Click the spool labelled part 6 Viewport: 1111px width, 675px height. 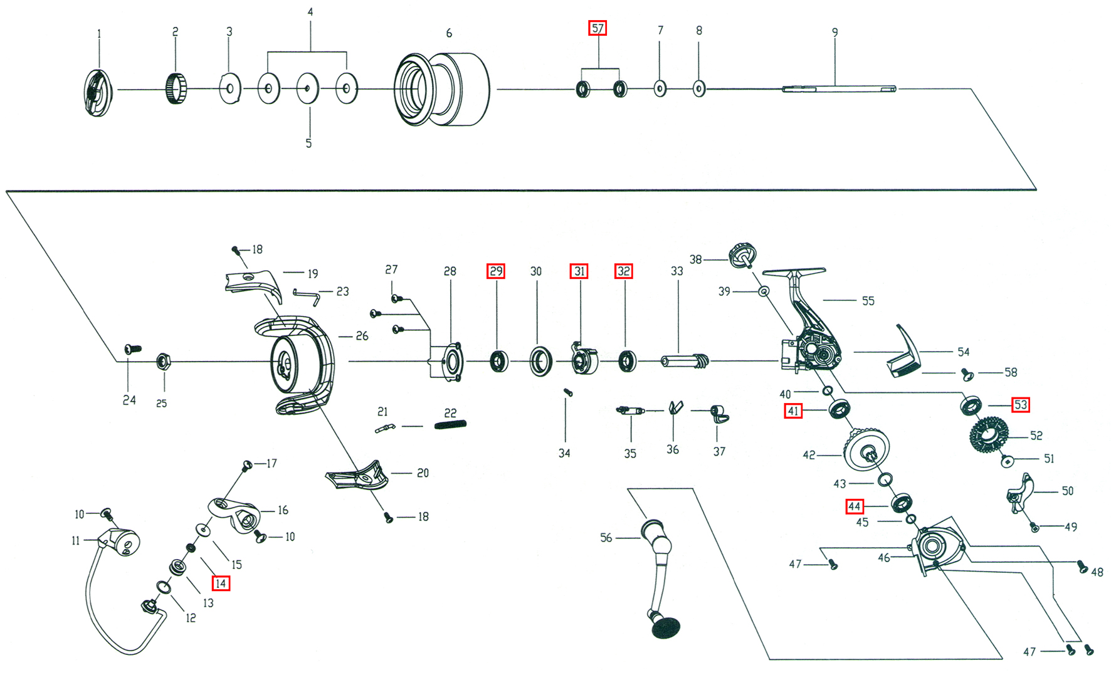pos(442,89)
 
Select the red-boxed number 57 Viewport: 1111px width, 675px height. pos(598,28)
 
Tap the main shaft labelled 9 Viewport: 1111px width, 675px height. pos(839,89)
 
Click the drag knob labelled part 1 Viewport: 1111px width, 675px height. pos(98,92)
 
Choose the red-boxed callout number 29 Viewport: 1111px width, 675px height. pos(496,271)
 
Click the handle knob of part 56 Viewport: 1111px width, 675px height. pos(666,627)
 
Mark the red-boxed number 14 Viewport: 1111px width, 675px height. pos(220,583)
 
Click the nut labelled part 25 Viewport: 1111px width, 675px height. pos(163,362)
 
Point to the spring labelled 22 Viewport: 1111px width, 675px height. pos(450,425)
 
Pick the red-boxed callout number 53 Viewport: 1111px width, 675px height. pos(1021,405)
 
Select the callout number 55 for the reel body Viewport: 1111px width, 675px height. pos(868,301)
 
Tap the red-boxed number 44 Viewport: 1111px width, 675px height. pos(855,506)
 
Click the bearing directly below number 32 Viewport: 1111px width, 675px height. pos(627,362)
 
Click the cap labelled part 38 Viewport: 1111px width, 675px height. pos(742,254)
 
